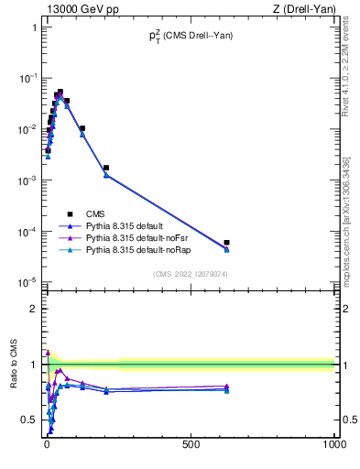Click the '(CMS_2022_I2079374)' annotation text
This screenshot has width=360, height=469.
click(190, 273)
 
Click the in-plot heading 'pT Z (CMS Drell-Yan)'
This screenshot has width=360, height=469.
click(191, 36)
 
